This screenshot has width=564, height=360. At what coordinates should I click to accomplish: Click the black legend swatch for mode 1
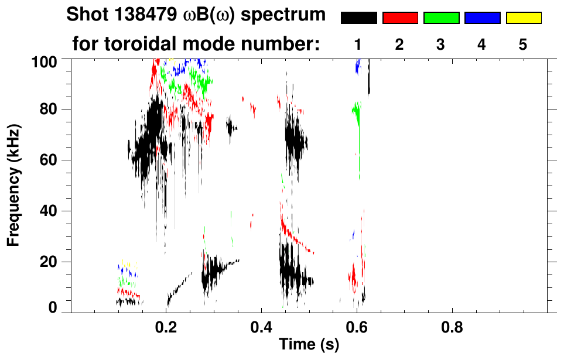click(x=358, y=18)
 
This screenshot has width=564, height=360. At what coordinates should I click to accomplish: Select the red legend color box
click(x=400, y=18)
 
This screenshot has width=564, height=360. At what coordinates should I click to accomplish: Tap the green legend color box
click(x=441, y=18)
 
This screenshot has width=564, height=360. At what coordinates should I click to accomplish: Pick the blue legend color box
click(x=482, y=18)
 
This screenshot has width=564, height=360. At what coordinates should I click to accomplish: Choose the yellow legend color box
click(x=523, y=18)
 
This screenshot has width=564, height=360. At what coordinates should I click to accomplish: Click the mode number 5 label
click(x=522, y=44)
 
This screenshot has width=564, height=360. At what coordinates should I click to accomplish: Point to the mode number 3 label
click(x=440, y=44)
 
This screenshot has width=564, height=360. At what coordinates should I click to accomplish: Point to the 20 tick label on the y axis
click(x=50, y=262)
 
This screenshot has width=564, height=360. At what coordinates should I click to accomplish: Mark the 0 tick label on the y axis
click(x=53, y=308)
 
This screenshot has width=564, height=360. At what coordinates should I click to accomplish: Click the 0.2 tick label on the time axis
click(x=166, y=326)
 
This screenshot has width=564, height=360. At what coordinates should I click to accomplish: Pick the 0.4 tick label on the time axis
click(x=262, y=326)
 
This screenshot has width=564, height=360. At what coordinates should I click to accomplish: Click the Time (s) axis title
click(x=309, y=345)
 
